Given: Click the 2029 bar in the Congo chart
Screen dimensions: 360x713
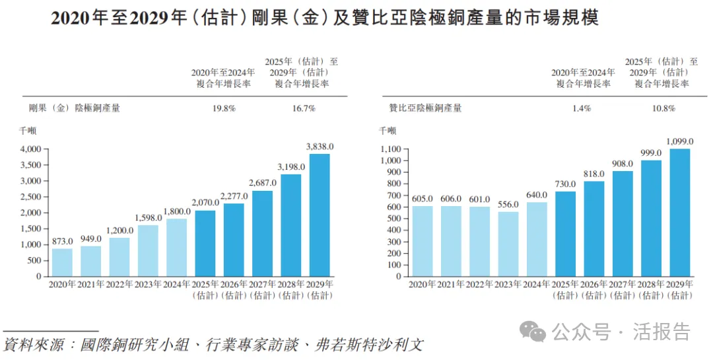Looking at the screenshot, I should click(320, 215).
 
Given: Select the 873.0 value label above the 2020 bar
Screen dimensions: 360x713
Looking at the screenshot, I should click(62, 241).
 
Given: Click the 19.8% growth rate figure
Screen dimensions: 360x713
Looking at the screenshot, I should click(223, 108).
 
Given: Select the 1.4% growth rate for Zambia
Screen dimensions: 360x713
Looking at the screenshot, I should click(584, 108).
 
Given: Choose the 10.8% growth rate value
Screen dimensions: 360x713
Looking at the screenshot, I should click(662, 108).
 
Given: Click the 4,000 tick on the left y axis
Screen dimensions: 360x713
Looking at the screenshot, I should click(30, 149).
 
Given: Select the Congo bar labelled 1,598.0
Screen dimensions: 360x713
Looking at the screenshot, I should click(148, 250).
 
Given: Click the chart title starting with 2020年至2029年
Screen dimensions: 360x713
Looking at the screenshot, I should click(325, 18).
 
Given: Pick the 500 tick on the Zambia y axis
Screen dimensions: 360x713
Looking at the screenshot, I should click(394, 218).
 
